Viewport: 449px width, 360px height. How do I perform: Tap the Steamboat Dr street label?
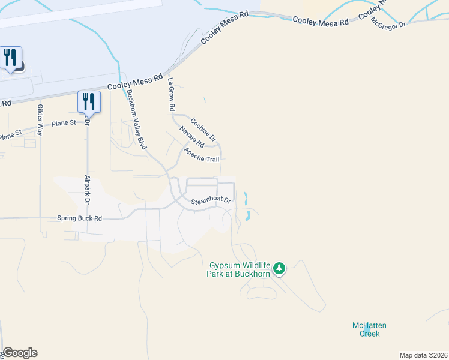tap(211, 202)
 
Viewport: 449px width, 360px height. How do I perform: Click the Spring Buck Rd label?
tap(80, 218)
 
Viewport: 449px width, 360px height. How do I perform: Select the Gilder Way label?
tap(40, 119)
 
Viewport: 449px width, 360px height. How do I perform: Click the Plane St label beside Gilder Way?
tap(64, 123)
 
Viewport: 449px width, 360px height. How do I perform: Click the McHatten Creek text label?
tap(369, 329)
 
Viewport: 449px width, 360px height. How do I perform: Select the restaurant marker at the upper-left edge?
tap(10, 58)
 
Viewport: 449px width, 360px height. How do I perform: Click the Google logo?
tap(20, 353)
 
